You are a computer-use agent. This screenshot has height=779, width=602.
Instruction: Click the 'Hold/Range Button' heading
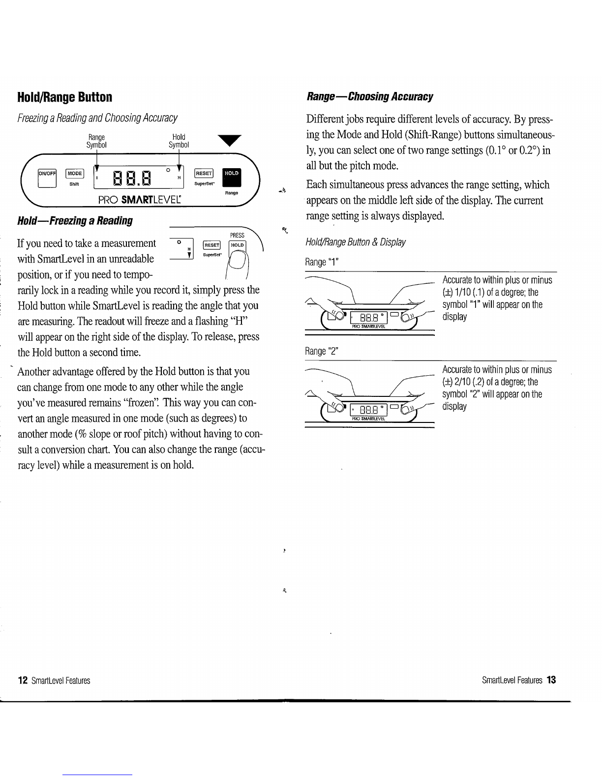tap(64, 97)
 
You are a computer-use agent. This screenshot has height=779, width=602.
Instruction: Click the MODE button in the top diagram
tap(75, 173)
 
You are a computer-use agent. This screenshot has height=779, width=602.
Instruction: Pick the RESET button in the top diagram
tap(204, 173)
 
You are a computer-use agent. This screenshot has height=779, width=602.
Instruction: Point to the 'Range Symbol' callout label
tap(96, 141)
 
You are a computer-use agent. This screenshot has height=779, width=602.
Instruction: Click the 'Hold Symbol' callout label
tap(179, 141)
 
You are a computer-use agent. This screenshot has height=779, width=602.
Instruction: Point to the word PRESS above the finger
tap(237, 236)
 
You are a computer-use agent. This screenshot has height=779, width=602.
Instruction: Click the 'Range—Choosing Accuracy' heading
tap(369, 96)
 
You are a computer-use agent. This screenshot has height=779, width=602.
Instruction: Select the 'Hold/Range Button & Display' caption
tap(356, 242)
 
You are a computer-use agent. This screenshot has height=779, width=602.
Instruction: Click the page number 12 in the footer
tap(22, 681)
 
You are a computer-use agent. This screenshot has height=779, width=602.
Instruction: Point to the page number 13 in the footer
tap(551, 681)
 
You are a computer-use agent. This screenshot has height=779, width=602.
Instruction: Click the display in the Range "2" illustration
tap(369, 409)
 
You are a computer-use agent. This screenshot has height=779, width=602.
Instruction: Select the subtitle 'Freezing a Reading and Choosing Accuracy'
tap(97, 119)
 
